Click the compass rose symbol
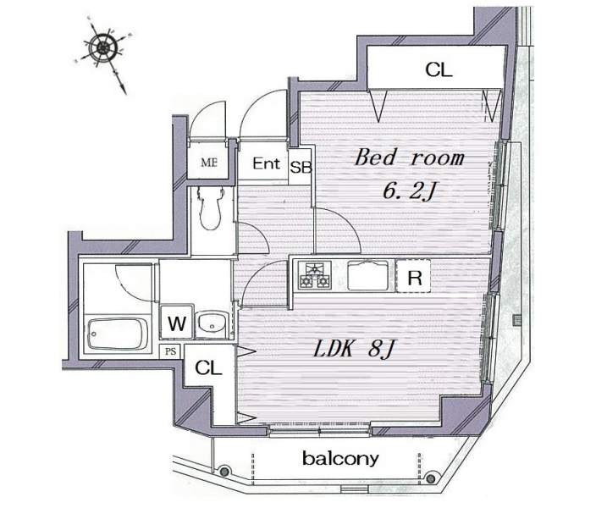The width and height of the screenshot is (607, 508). [x=103, y=48]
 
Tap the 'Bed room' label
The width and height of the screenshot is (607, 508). [x=409, y=157]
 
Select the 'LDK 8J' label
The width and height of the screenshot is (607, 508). [x=353, y=350]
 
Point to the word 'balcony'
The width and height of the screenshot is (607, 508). [x=340, y=459]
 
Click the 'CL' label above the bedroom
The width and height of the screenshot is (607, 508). [x=439, y=70]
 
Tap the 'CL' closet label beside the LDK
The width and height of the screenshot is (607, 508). [x=208, y=367]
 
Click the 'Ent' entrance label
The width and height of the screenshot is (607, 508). [x=267, y=163]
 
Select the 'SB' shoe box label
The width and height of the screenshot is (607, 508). [x=301, y=167]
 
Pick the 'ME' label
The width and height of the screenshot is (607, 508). [x=209, y=163]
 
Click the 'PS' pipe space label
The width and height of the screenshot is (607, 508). [x=171, y=351]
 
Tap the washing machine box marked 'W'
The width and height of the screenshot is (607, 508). [x=177, y=323]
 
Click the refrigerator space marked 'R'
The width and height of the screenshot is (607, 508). [x=414, y=276]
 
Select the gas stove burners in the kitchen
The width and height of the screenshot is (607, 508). [x=315, y=276]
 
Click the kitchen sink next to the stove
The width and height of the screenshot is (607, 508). [x=367, y=276]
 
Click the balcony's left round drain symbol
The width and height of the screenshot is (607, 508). [x=223, y=471]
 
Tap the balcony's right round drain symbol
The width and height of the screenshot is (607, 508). [x=430, y=478]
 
